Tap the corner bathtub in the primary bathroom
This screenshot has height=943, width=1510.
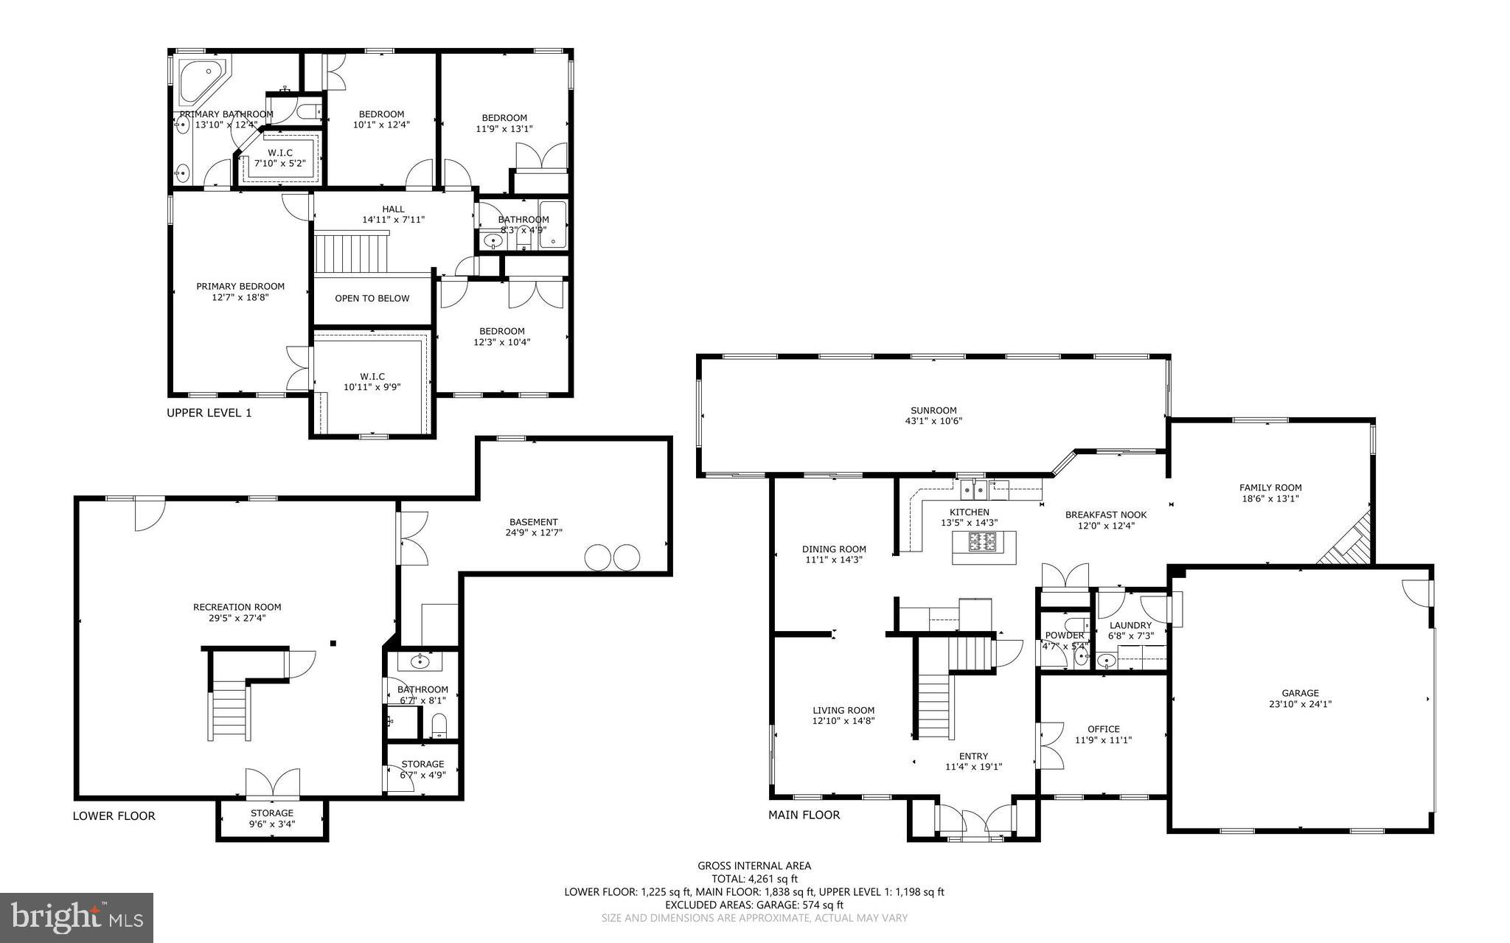(201, 78)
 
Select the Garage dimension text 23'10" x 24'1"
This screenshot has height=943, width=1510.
(1299, 704)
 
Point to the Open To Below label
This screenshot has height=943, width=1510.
(372, 299)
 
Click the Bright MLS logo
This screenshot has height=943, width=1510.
(77, 917)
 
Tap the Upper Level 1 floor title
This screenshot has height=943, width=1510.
(209, 413)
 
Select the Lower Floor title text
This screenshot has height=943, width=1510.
(114, 815)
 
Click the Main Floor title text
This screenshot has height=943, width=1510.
(804, 815)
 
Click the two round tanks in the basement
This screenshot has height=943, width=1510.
(612, 557)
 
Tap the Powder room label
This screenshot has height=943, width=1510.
(1065, 636)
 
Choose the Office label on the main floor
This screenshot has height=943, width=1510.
(1103, 729)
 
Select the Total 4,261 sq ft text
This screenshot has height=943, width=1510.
(754, 879)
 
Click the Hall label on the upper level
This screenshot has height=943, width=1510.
(394, 209)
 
